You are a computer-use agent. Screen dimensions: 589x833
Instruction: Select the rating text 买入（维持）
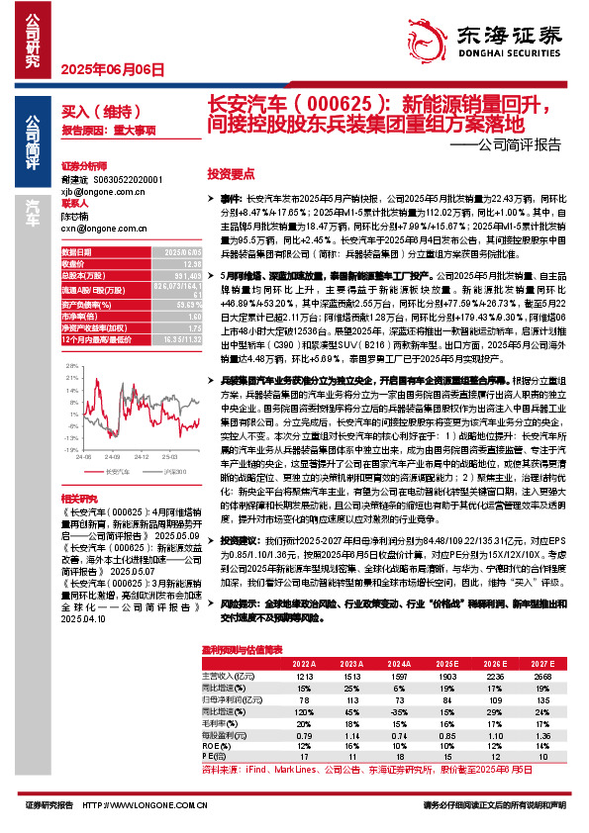(90, 115)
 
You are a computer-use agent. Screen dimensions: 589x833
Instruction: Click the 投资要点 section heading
(232, 172)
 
